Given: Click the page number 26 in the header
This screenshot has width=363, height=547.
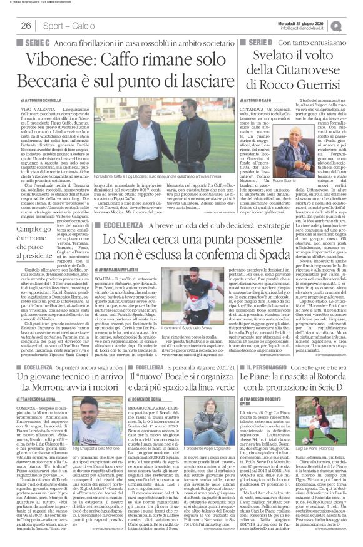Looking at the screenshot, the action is [x=26, y=26].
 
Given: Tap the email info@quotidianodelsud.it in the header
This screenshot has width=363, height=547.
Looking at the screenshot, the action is [x=307, y=28].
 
